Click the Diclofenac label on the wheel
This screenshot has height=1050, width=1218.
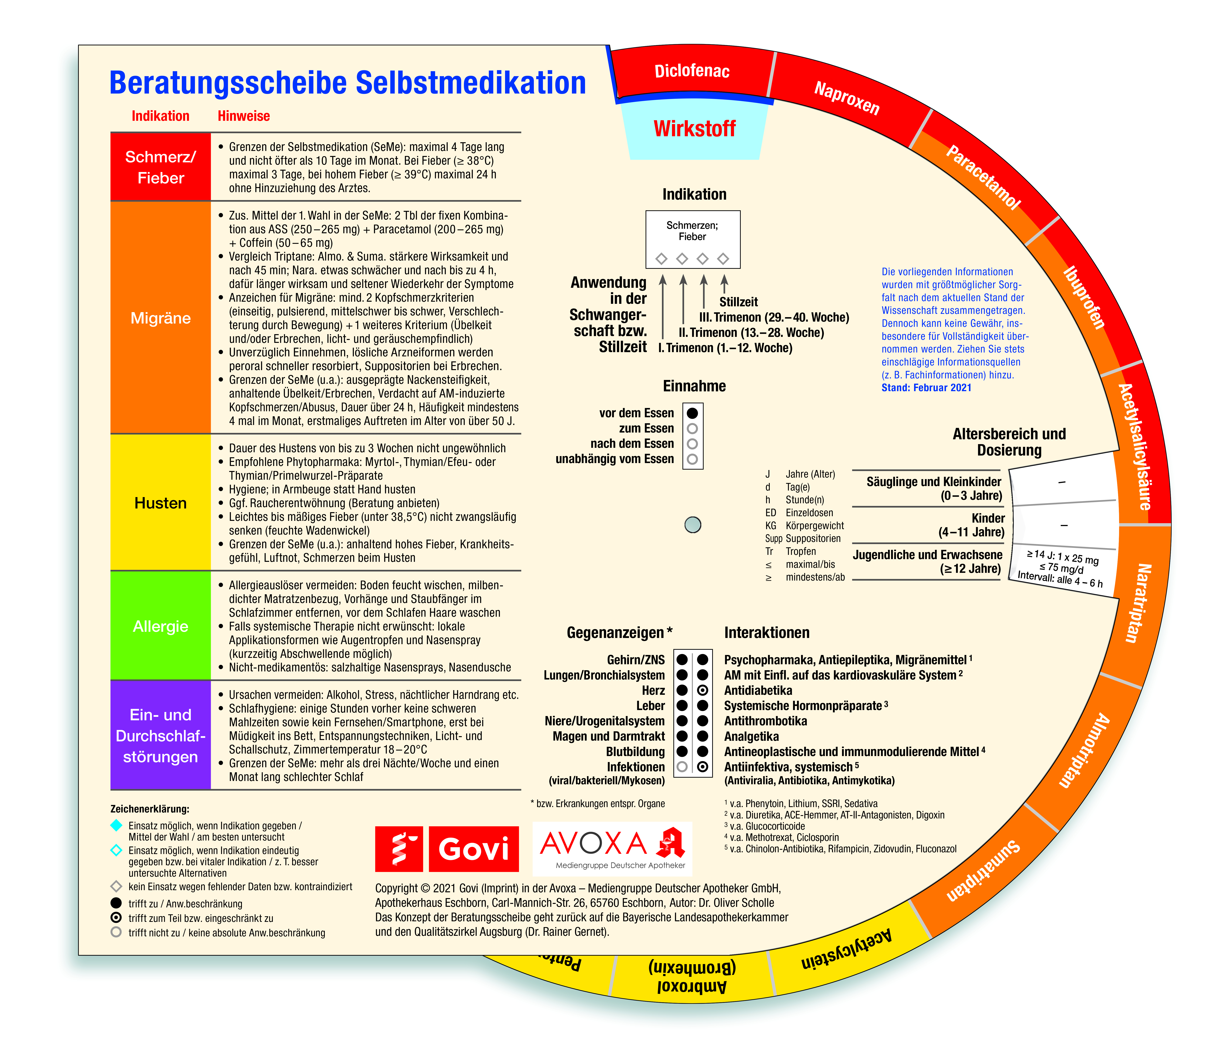(692, 71)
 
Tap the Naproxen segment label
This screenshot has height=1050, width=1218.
(846, 98)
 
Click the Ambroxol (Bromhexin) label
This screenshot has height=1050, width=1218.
(692, 976)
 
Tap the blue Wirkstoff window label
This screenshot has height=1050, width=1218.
(694, 128)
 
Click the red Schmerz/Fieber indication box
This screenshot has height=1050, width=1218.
(161, 167)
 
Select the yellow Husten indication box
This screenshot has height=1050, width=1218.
(161, 503)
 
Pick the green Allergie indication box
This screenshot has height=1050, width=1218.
(161, 626)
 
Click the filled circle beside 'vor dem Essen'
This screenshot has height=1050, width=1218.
(692, 413)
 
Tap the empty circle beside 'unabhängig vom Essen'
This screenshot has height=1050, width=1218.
(692, 459)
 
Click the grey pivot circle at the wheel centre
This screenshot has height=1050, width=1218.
(693, 524)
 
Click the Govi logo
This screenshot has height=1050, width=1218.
(447, 848)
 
